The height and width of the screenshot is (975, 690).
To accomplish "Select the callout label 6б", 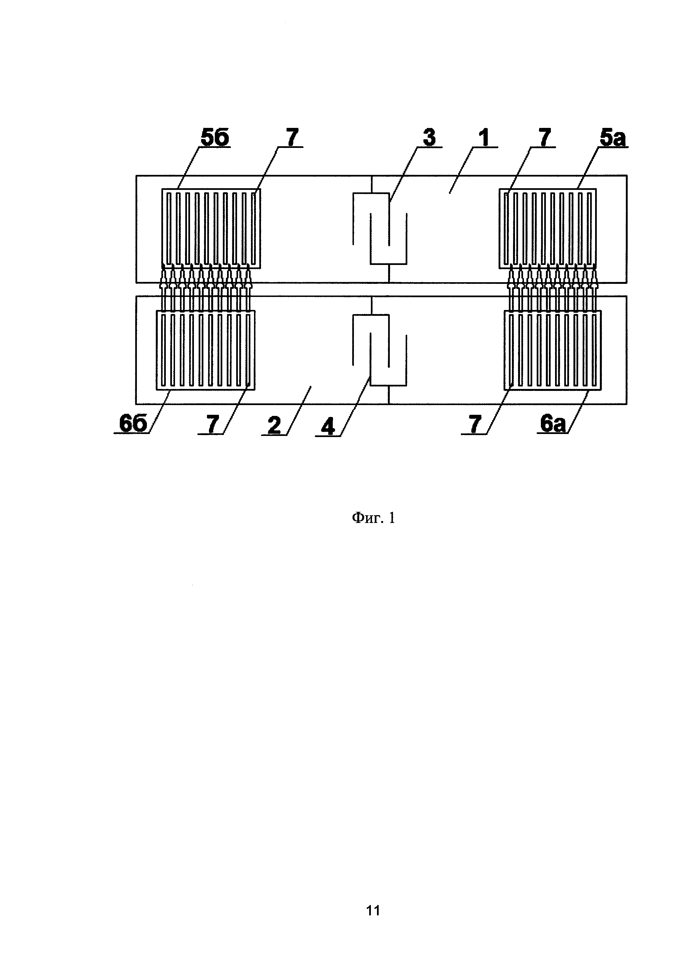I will click(132, 424).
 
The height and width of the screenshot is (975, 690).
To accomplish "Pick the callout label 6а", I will click(553, 424).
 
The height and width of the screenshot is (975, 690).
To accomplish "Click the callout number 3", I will click(429, 138).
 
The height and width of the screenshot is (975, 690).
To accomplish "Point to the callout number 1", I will click(484, 138).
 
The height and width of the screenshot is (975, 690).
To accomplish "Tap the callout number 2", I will click(275, 425).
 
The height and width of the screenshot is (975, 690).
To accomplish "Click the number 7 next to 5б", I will click(292, 138).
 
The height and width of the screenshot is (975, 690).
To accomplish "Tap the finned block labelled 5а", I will click(548, 228).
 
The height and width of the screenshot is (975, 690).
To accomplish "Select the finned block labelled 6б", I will click(206, 350).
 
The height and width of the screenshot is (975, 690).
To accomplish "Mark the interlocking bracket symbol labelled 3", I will click(380, 229).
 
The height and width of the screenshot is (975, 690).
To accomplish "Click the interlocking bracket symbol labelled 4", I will click(380, 350).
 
